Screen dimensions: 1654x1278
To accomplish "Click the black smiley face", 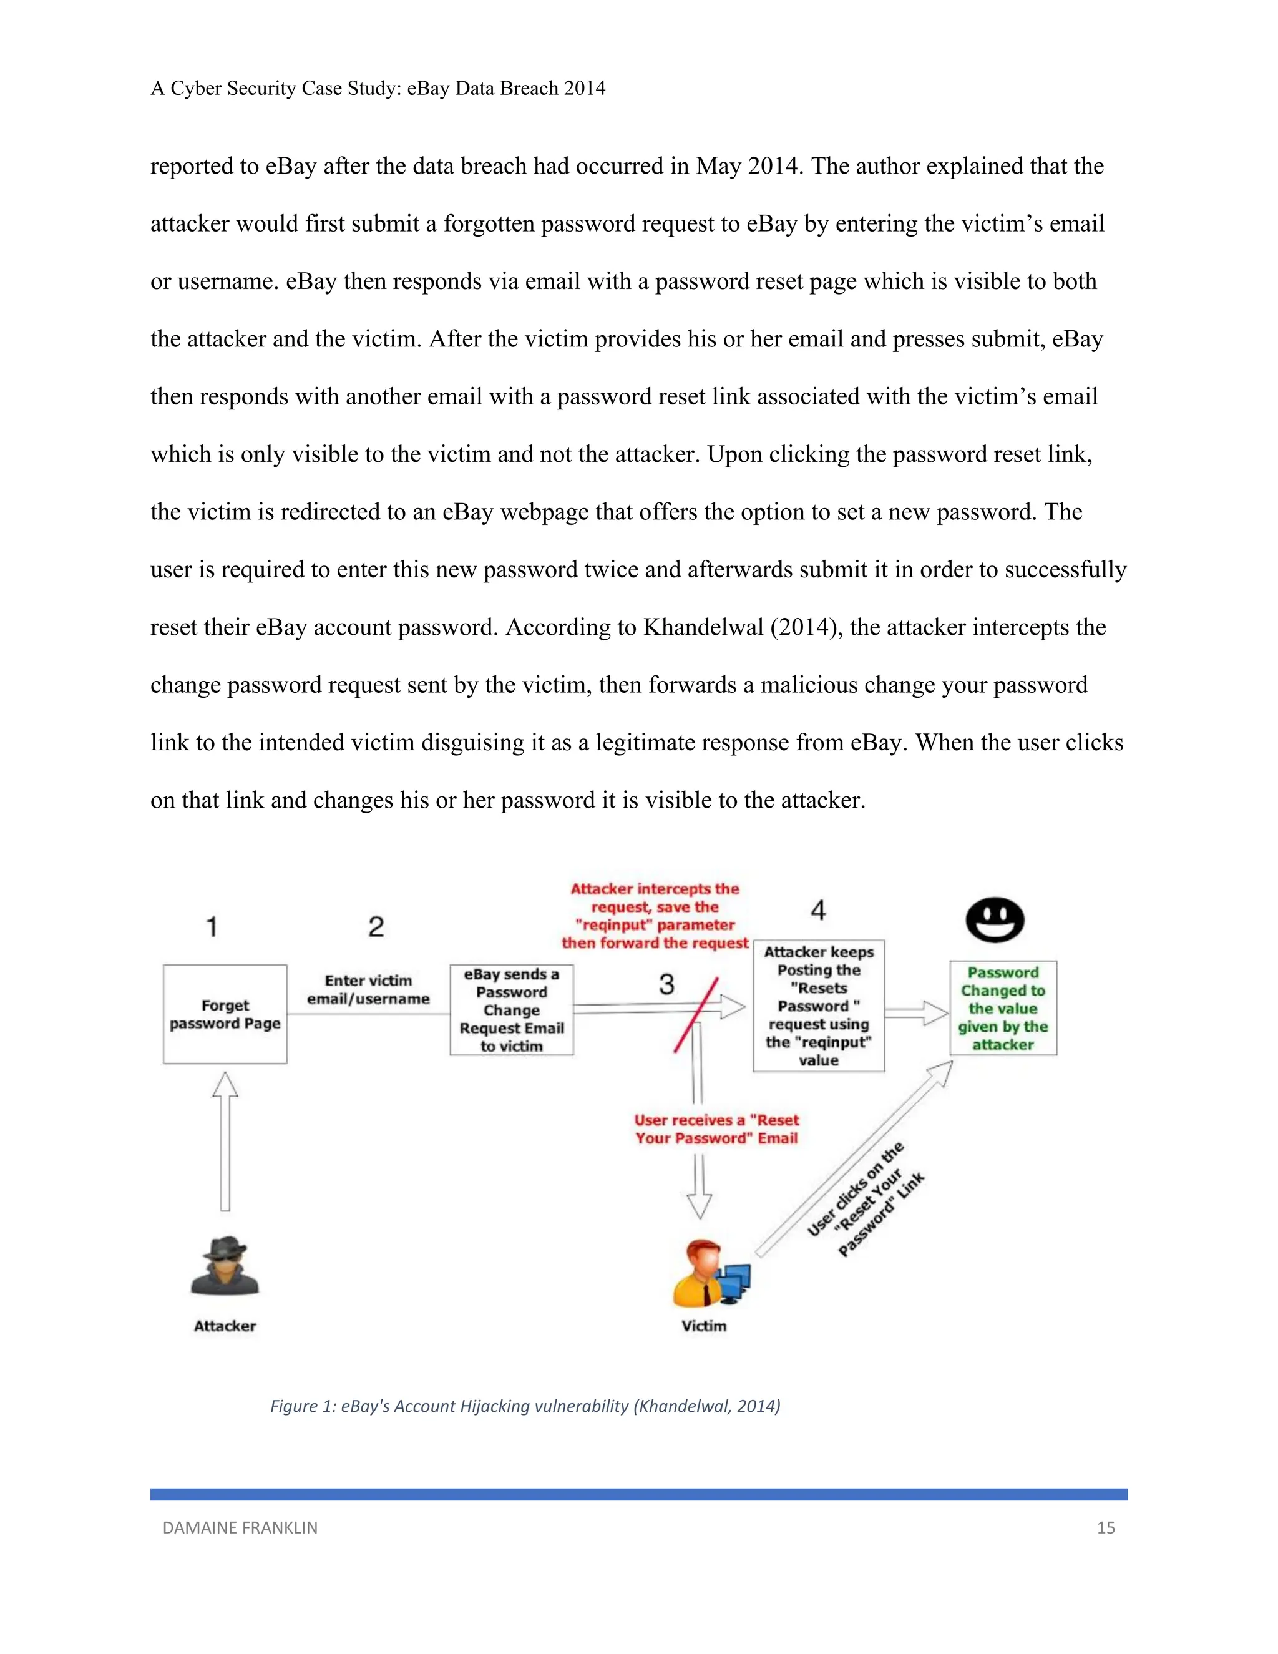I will tap(995, 919).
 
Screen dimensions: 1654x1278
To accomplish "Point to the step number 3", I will tap(666, 984).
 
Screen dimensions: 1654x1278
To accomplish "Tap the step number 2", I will tap(376, 926).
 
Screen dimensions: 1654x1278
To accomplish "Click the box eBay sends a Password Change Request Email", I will tap(512, 1009).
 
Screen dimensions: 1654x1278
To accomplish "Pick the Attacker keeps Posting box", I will tap(819, 1006).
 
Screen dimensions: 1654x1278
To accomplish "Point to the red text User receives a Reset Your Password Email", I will tap(716, 1128).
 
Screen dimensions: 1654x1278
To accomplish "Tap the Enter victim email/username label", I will tap(368, 989).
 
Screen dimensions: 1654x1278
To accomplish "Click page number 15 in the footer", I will tap(1105, 1527).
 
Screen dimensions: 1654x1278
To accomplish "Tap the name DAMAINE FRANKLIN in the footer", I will tap(240, 1527).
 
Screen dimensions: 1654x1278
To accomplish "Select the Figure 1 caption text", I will tap(525, 1406).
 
